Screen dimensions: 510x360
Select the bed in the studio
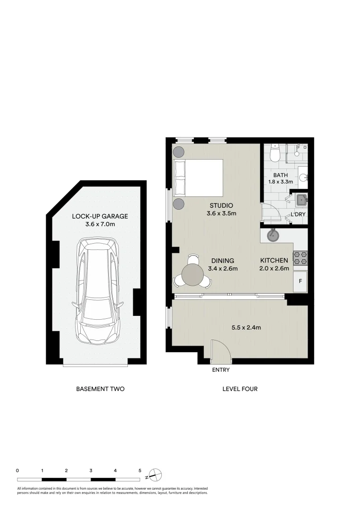(x=198, y=178)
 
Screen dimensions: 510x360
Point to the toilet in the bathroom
(x=275, y=153)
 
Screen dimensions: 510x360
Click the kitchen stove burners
(x=301, y=258)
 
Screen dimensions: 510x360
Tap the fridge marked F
(x=301, y=282)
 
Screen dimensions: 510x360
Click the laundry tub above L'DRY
(x=300, y=199)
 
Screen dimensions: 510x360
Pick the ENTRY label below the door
(x=221, y=370)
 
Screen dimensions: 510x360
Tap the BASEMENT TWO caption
(x=100, y=389)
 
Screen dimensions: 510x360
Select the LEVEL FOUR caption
(x=240, y=389)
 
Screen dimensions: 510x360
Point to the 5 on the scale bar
(x=140, y=470)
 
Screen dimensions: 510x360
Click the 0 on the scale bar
(x=17, y=470)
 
